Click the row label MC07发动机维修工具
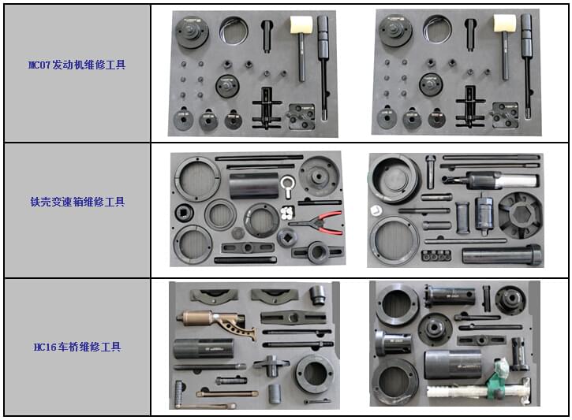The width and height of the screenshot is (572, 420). click(x=77, y=65)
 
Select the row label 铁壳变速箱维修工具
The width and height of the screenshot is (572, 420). click(x=77, y=202)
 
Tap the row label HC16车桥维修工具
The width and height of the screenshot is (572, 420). click(x=77, y=347)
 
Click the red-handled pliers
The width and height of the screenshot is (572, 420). click(x=317, y=223)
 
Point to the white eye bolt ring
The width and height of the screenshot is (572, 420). click(x=288, y=184)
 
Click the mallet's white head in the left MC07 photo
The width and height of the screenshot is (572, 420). click(x=301, y=24)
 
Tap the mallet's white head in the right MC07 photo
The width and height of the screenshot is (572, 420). click(x=504, y=23)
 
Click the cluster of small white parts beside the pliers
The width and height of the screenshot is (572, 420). click(x=288, y=213)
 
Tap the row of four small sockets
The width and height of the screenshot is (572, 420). click(x=436, y=255)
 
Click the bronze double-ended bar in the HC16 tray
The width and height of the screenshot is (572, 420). click(x=227, y=394)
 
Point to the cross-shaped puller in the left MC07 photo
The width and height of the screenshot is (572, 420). click(x=267, y=108)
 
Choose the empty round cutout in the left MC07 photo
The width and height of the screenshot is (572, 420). click(x=234, y=31)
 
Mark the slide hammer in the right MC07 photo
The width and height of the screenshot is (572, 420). click(x=527, y=65)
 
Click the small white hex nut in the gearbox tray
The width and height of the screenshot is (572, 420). click(x=376, y=210)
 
